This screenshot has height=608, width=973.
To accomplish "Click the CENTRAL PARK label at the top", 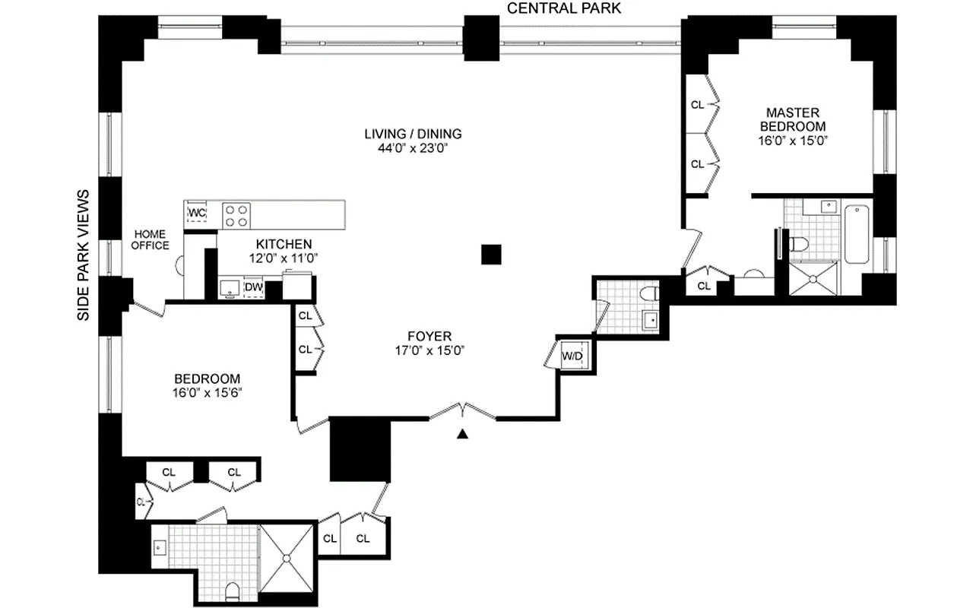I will pos(563,8).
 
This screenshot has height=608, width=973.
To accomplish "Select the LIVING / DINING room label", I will pos(413,135).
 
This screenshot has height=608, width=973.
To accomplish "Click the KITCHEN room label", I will pos(284,244).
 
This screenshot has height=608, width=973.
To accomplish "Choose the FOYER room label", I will pos(429,335).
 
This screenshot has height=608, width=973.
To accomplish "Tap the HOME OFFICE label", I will pos(151,239).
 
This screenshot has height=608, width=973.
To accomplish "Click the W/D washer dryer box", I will pos(572,355).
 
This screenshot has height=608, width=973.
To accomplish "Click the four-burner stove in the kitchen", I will pos(237,214).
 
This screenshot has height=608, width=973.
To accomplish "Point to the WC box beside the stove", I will pos(197,212).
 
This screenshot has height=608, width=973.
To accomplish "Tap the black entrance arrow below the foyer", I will pos(462,435).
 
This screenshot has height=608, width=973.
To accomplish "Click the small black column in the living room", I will pos(492,255).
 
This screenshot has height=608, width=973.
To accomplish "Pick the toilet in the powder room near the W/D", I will pos(648,293).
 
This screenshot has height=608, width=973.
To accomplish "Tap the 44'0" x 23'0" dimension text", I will pos(413,149).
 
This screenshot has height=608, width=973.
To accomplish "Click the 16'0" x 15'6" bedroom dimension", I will pos(207,393).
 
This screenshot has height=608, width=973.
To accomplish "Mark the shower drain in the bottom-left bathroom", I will pos(287,559).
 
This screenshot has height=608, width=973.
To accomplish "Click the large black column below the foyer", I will pos(360,449).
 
